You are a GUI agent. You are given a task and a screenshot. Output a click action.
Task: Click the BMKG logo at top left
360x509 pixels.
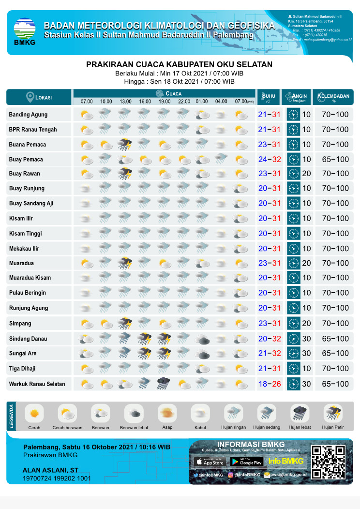pos(24,32)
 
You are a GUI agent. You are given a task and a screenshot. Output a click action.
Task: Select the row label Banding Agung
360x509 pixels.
pos(28,115)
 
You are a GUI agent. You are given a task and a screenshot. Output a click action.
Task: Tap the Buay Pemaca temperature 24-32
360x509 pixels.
pos(269,159)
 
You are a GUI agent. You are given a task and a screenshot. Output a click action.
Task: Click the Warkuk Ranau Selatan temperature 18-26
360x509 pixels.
pos(269,384)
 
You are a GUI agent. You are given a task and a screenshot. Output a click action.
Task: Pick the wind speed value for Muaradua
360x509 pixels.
pos(306,263)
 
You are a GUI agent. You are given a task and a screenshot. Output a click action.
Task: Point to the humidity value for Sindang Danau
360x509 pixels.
pos(335,339)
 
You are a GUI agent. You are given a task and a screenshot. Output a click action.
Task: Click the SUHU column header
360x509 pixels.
pos(269,97)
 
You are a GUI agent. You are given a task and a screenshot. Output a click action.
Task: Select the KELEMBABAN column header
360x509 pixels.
pos(333,97)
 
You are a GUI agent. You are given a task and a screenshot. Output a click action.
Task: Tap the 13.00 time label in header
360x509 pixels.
pos(125,102)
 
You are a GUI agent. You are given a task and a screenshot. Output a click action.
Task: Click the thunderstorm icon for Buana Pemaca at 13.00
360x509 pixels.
pos(125,144)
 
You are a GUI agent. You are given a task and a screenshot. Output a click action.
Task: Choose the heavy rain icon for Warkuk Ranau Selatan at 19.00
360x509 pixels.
pos(164,384)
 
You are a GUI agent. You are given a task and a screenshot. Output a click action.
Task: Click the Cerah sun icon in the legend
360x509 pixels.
pos(34,414)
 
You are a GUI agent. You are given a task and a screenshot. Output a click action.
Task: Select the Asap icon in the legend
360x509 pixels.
pos(167,414)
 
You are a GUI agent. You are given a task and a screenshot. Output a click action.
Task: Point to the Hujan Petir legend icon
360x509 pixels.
pos(332,414)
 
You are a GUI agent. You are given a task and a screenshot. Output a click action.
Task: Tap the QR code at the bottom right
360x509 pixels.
pos(329,462)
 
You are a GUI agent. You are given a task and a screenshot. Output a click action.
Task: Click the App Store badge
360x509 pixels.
pos(210,462)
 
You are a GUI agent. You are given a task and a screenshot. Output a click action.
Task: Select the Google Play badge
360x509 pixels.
pos(246,462)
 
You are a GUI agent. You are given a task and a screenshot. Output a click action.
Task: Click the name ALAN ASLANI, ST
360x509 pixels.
pos(50,470)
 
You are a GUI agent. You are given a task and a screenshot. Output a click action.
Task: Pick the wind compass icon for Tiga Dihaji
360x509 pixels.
pos(293,369)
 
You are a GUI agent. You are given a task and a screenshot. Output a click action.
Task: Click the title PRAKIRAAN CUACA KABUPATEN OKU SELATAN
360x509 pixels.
pos(179,64)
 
